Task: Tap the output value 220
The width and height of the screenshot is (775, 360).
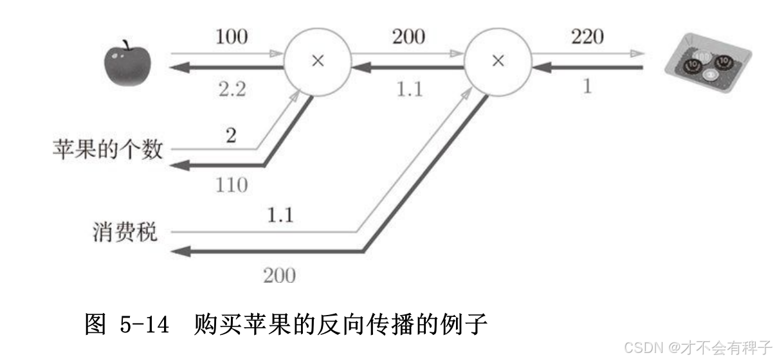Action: pyautogui.click(x=587, y=37)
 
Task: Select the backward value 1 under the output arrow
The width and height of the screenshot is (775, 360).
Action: pyautogui.click(x=587, y=86)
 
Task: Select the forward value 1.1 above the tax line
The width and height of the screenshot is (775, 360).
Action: pyautogui.click(x=279, y=215)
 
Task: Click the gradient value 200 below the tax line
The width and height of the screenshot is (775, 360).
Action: pyautogui.click(x=279, y=276)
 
